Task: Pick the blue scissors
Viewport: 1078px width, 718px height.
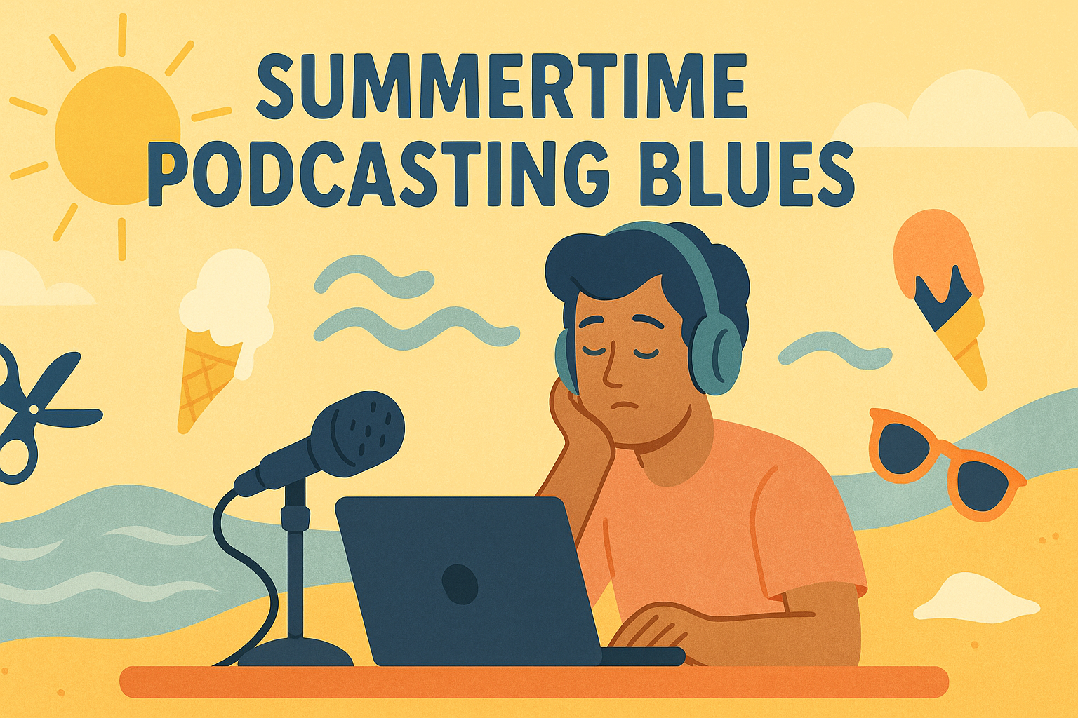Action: pyautogui.click(x=35, y=414)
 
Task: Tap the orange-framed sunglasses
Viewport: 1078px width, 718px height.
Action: pyautogui.click(x=944, y=463)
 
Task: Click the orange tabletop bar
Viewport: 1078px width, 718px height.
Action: pyautogui.click(x=533, y=682)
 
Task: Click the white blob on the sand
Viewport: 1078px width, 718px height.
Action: pyautogui.click(x=976, y=600)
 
